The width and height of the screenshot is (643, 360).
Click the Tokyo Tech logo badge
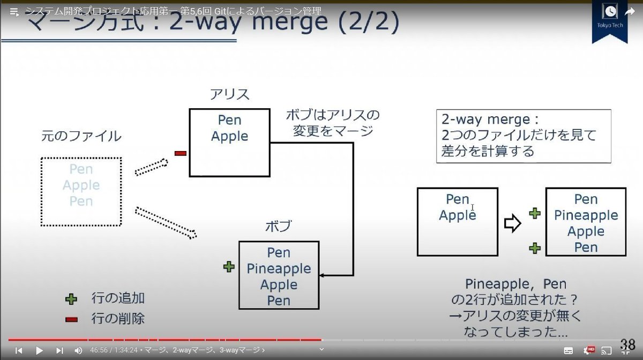(x=609, y=20)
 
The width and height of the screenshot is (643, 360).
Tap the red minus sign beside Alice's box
(x=180, y=154)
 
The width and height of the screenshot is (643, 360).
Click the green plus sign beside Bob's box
(x=229, y=267)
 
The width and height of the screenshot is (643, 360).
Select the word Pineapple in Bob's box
(x=279, y=268)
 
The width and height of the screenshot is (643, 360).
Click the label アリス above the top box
(x=229, y=95)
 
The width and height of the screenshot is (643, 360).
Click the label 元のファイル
(x=81, y=136)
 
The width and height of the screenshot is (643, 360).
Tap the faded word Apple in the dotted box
(x=81, y=185)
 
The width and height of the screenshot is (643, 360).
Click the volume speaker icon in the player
(x=78, y=350)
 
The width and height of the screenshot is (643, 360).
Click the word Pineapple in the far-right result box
(x=586, y=215)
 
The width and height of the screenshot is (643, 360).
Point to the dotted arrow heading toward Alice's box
(x=151, y=167)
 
